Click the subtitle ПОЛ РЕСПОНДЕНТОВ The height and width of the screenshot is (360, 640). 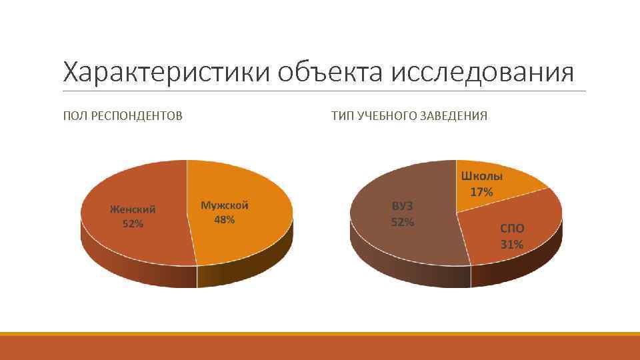pos(123,116)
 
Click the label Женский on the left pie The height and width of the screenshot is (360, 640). pos(133,209)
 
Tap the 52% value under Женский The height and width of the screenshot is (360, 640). pos(133,224)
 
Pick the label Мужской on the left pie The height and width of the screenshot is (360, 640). pos(225,205)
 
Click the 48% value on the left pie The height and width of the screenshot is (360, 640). pos(225,220)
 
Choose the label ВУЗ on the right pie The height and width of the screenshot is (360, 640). pos(402,207)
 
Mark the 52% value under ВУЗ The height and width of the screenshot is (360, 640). pos(402,222)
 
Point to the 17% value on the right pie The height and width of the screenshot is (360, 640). pos(481,192)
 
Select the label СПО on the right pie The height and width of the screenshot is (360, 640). pos(512,229)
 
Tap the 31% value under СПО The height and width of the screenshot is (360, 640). pos(512,244)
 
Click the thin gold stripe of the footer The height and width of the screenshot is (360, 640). pos(320,334)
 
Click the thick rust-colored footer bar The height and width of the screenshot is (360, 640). pos(320,348)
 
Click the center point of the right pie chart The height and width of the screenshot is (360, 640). pos(457,213)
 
